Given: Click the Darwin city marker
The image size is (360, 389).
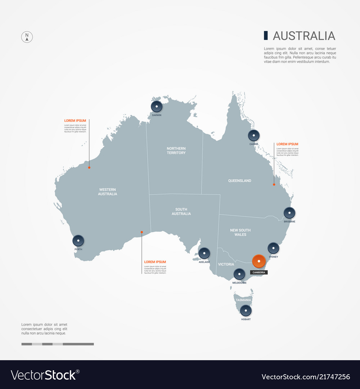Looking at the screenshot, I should coord(157,106).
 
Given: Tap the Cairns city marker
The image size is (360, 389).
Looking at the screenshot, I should coord(254,135).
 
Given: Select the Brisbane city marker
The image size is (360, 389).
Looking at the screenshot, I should coord(289,213).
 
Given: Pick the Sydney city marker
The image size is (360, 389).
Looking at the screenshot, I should coord(273,248).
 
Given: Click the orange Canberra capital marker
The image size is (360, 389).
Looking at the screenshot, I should coord(259,261).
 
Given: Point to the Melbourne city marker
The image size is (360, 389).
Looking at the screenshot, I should coord(239,274).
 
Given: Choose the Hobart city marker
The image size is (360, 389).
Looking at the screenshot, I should coord(246,310).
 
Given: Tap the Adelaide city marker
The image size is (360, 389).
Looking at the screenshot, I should coord(204,253).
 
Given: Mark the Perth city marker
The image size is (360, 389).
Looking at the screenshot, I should coord(78,241).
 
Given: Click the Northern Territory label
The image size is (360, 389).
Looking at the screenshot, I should coord(176,151).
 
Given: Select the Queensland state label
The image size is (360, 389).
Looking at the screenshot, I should coord(240,181).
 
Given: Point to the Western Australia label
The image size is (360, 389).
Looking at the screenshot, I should coord(107,192).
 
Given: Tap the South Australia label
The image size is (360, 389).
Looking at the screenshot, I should coord(181,211).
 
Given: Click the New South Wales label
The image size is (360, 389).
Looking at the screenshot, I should coord(240,232).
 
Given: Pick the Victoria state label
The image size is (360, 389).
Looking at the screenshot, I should coord(226,264).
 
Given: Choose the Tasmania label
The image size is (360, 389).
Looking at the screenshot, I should coord(243,300).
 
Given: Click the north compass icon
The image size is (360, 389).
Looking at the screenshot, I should coord(27,37).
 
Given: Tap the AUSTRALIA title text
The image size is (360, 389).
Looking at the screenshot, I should coord(304,36).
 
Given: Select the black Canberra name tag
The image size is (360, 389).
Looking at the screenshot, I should coord(259,272).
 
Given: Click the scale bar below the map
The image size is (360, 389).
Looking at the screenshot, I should coord(58,344).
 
